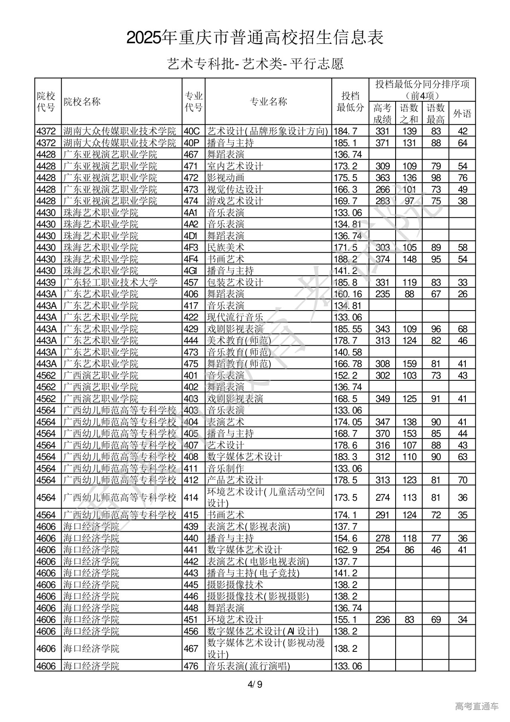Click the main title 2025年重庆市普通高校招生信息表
pyautogui.click(x=255, y=38)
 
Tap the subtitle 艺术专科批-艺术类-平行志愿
pyautogui.click(x=255, y=63)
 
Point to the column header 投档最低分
pyautogui.click(x=350, y=102)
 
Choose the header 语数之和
pyautogui.click(x=409, y=114)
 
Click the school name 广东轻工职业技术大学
pyautogui.click(x=110, y=283)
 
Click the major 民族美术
pyautogui.click(x=226, y=248)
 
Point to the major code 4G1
pyautogui.click(x=191, y=271)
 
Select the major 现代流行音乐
pyautogui.click(x=235, y=317)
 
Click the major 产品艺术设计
pyautogui.click(x=235, y=480)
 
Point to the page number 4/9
pyautogui.click(x=255, y=685)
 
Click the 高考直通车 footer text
pyautogui.click(x=477, y=706)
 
